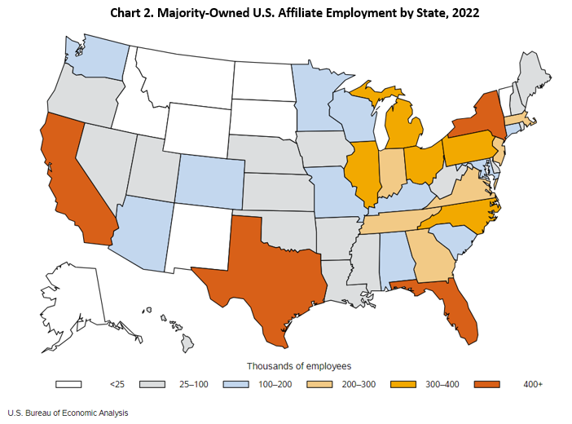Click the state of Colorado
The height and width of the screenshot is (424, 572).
coord(210,179)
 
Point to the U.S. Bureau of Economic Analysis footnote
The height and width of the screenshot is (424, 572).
coord(68,413)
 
